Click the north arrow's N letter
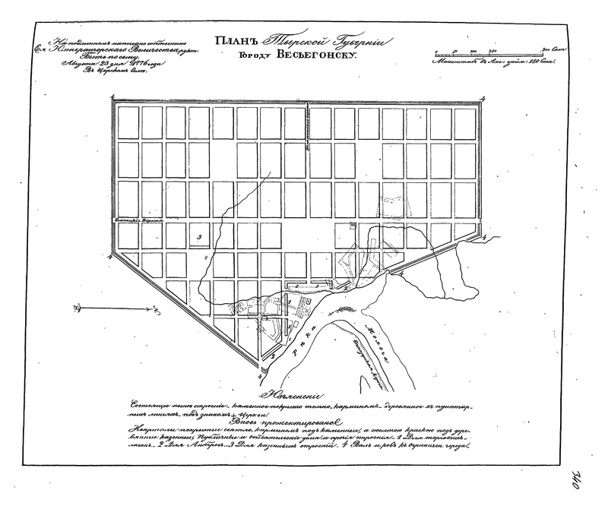point(77,308)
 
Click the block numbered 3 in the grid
point(198,238)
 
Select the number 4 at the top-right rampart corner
point(483,97)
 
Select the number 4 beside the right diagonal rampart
point(483,238)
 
